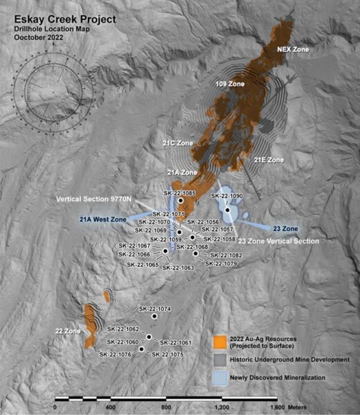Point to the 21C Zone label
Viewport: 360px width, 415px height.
(177, 143)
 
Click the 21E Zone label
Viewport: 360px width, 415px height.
(269, 160)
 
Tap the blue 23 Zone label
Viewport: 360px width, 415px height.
(285, 228)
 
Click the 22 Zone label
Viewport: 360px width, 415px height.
(69, 330)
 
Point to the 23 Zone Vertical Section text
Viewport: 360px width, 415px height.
(278, 241)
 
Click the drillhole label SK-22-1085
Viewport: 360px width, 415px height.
(179, 192)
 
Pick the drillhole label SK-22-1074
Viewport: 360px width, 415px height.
(154, 308)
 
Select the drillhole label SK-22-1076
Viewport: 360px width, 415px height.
(115, 355)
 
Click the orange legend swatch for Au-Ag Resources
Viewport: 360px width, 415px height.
(221, 341)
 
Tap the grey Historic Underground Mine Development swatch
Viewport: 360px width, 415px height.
(221, 360)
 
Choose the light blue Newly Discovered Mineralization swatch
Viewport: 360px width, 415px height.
(221, 378)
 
